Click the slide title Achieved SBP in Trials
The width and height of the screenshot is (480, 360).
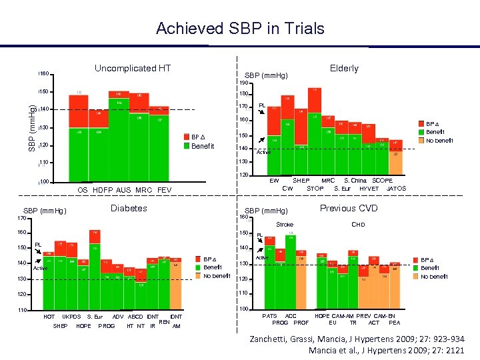tap(240, 29)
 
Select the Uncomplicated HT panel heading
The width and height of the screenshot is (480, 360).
tap(133, 68)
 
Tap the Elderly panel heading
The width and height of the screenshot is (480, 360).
tap(344, 68)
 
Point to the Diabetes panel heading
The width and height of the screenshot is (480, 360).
tap(129, 208)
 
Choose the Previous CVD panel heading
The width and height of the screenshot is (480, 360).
tap(348, 208)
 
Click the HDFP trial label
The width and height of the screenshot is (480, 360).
tap(103, 190)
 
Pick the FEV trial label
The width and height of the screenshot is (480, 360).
tap(164, 190)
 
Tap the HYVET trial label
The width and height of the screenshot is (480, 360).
tap(369, 189)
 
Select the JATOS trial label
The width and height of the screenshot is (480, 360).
tap(396, 189)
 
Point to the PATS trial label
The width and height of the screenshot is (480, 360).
tap(269, 315)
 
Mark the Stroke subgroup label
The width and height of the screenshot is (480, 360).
tap(285, 225)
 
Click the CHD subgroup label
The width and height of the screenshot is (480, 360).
tap(358, 225)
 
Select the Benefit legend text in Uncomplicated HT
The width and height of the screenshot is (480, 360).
tap(203, 146)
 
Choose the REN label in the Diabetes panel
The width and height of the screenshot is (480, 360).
tap(163, 321)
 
